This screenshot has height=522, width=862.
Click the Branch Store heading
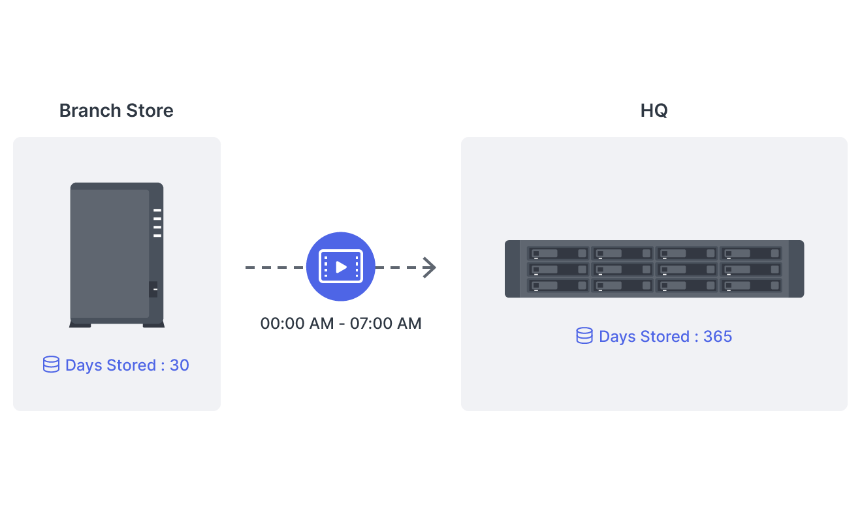point(116,110)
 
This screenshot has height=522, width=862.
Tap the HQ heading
point(654,110)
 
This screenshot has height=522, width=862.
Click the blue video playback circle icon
point(341,266)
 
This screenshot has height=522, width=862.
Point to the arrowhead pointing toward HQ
point(429,267)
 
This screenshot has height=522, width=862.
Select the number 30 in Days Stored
point(180,365)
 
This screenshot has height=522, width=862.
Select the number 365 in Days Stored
point(718,337)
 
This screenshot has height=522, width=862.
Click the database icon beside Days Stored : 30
point(51,365)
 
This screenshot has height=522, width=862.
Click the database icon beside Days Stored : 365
point(584,336)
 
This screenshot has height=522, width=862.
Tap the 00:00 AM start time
point(297,323)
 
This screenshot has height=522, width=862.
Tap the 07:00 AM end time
point(386,323)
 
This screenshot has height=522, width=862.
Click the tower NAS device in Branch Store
point(111,254)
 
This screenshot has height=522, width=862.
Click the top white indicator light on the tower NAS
point(157,210)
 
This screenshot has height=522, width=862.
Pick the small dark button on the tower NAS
point(153,289)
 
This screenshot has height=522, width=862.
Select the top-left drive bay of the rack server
point(558,253)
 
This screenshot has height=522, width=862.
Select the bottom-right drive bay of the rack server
point(751,285)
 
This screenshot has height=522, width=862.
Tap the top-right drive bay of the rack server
point(751,253)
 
